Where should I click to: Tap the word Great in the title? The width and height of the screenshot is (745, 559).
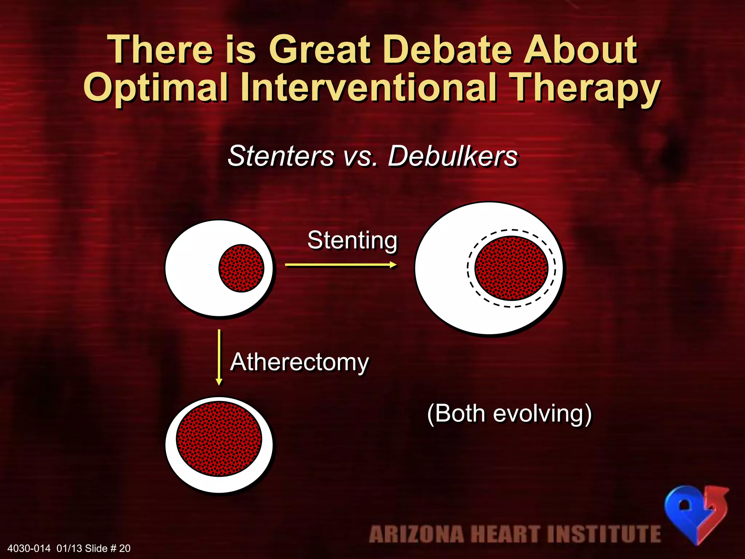tap(320, 49)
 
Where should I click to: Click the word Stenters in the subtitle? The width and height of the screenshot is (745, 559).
tap(281, 156)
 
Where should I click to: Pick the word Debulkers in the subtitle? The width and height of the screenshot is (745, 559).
tap(453, 156)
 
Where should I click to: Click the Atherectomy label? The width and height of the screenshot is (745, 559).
tap(299, 362)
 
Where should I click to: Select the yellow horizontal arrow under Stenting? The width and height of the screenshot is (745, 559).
tap(340, 265)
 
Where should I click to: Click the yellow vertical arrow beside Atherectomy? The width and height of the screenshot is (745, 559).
tap(219, 357)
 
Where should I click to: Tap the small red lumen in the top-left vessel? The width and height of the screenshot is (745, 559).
tap(241, 268)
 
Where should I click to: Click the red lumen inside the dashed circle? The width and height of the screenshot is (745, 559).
tap(511, 268)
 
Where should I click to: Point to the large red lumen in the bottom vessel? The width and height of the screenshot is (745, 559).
tap(219, 439)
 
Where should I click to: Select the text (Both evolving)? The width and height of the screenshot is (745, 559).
tap(509, 414)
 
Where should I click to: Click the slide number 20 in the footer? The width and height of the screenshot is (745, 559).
tap(125, 548)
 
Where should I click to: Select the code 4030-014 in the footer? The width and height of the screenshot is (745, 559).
tap(29, 548)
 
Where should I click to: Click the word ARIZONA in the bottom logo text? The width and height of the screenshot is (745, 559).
tap(416, 534)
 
